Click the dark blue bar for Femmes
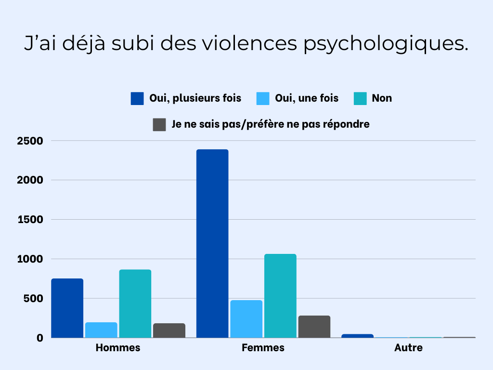[x=212, y=243]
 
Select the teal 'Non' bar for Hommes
[x=135, y=304]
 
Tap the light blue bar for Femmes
[x=246, y=319]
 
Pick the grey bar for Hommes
[x=169, y=330]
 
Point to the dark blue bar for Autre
[x=357, y=336]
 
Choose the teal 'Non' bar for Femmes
[x=281, y=296]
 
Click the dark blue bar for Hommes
[x=67, y=308]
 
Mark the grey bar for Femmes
[x=314, y=327]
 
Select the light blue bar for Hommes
[x=101, y=330]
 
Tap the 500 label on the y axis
[x=34, y=299]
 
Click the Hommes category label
[x=118, y=347]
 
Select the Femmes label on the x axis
[x=263, y=347]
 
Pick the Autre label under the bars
[x=408, y=347]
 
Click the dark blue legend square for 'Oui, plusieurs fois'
[x=137, y=98]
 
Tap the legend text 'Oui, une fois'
[x=307, y=98]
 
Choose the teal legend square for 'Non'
[x=360, y=98]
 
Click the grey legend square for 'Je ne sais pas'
[x=159, y=124]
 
